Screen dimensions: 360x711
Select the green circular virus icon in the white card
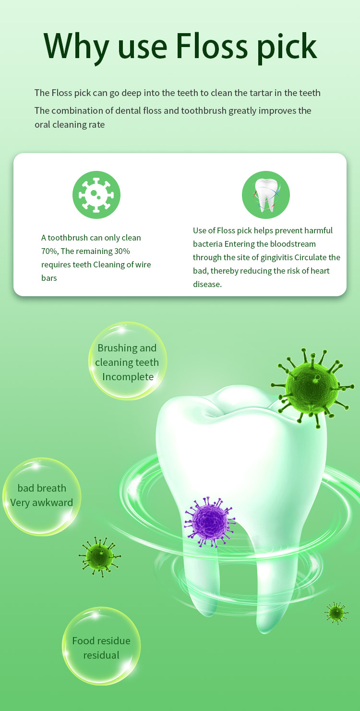[96, 195]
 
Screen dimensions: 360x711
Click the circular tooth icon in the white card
[266, 195]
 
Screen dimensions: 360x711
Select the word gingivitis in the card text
[276, 258]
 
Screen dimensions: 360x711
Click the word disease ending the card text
[207, 284]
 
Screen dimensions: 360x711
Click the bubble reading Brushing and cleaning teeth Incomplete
[128, 361]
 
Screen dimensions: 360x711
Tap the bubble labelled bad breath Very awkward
[42, 496]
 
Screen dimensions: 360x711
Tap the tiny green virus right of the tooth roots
[336, 613]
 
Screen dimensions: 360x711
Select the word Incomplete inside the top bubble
[128, 377]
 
